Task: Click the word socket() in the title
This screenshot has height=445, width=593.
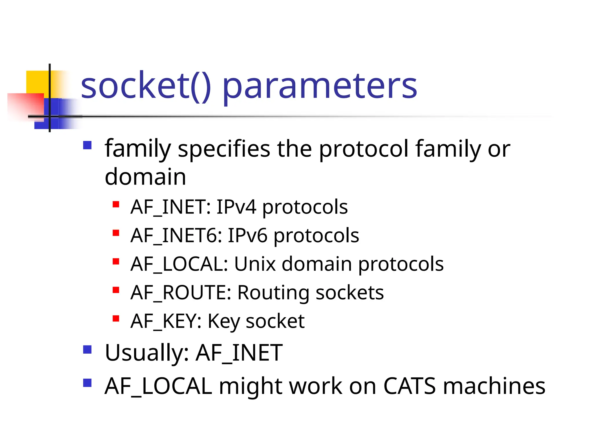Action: pos(146,86)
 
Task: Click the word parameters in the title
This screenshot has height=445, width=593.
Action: pos(320,87)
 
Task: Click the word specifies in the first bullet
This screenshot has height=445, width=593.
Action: pos(224,149)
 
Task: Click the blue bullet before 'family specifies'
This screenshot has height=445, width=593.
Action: pos(87,145)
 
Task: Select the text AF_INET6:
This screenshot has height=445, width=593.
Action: pos(176,235)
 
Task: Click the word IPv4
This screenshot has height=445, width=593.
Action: pos(236,207)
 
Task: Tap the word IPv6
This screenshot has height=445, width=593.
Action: pos(247,235)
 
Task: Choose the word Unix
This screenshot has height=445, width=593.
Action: pos(255,264)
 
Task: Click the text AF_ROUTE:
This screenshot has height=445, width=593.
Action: pos(181,292)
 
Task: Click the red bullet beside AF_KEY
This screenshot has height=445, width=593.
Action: pos(116,319)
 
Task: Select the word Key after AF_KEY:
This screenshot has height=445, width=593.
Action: pos(224,321)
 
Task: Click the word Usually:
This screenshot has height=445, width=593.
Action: pos(147,353)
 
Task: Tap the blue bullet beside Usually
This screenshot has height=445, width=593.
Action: pos(87,350)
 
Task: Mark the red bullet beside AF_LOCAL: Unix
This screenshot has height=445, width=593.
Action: pos(116,261)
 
